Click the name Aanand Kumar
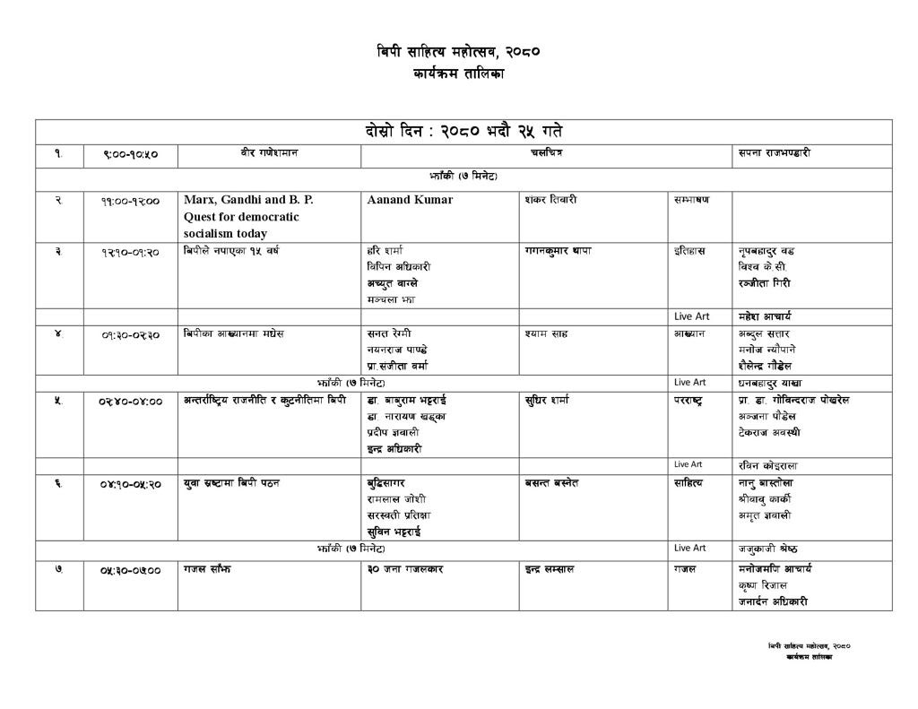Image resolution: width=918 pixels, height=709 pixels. (x=410, y=200)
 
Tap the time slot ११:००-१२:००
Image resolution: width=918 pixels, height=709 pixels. (x=130, y=201)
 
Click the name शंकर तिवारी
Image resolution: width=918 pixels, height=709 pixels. (x=550, y=200)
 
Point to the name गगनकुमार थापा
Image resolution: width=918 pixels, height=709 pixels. (x=559, y=251)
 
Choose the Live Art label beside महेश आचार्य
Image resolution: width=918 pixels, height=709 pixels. (x=691, y=316)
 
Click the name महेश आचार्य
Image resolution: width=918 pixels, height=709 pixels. (x=765, y=316)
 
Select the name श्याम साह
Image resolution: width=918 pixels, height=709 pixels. (x=549, y=334)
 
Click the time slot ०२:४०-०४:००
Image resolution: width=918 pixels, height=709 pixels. (x=130, y=402)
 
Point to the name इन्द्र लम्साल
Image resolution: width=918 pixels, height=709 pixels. (x=550, y=569)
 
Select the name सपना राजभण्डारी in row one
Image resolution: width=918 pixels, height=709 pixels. (x=775, y=154)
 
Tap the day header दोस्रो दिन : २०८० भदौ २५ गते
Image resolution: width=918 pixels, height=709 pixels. (x=463, y=131)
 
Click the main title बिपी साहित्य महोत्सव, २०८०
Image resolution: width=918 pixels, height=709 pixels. (x=458, y=52)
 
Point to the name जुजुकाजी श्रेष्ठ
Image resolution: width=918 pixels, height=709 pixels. (x=767, y=549)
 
